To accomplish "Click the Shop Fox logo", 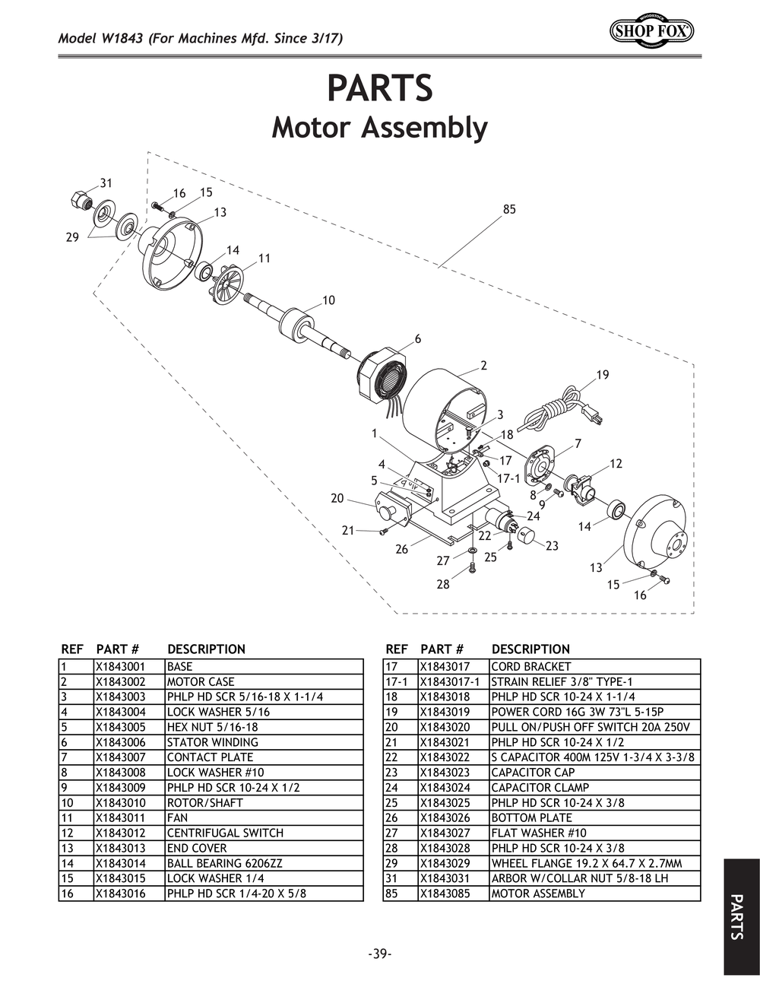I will (651, 31).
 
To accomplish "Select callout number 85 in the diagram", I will (509, 209).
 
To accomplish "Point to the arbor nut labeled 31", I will (80, 200).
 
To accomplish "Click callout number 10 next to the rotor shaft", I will (328, 300).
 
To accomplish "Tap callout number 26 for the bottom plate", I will (402, 549).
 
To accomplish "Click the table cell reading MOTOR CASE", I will (201, 682).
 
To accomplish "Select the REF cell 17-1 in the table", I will (397, 682).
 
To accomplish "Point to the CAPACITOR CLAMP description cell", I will (540, 788).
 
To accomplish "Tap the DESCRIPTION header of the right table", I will (530, 649).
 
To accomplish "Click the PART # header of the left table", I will (117, 649).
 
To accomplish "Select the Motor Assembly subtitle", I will (379, 128).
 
